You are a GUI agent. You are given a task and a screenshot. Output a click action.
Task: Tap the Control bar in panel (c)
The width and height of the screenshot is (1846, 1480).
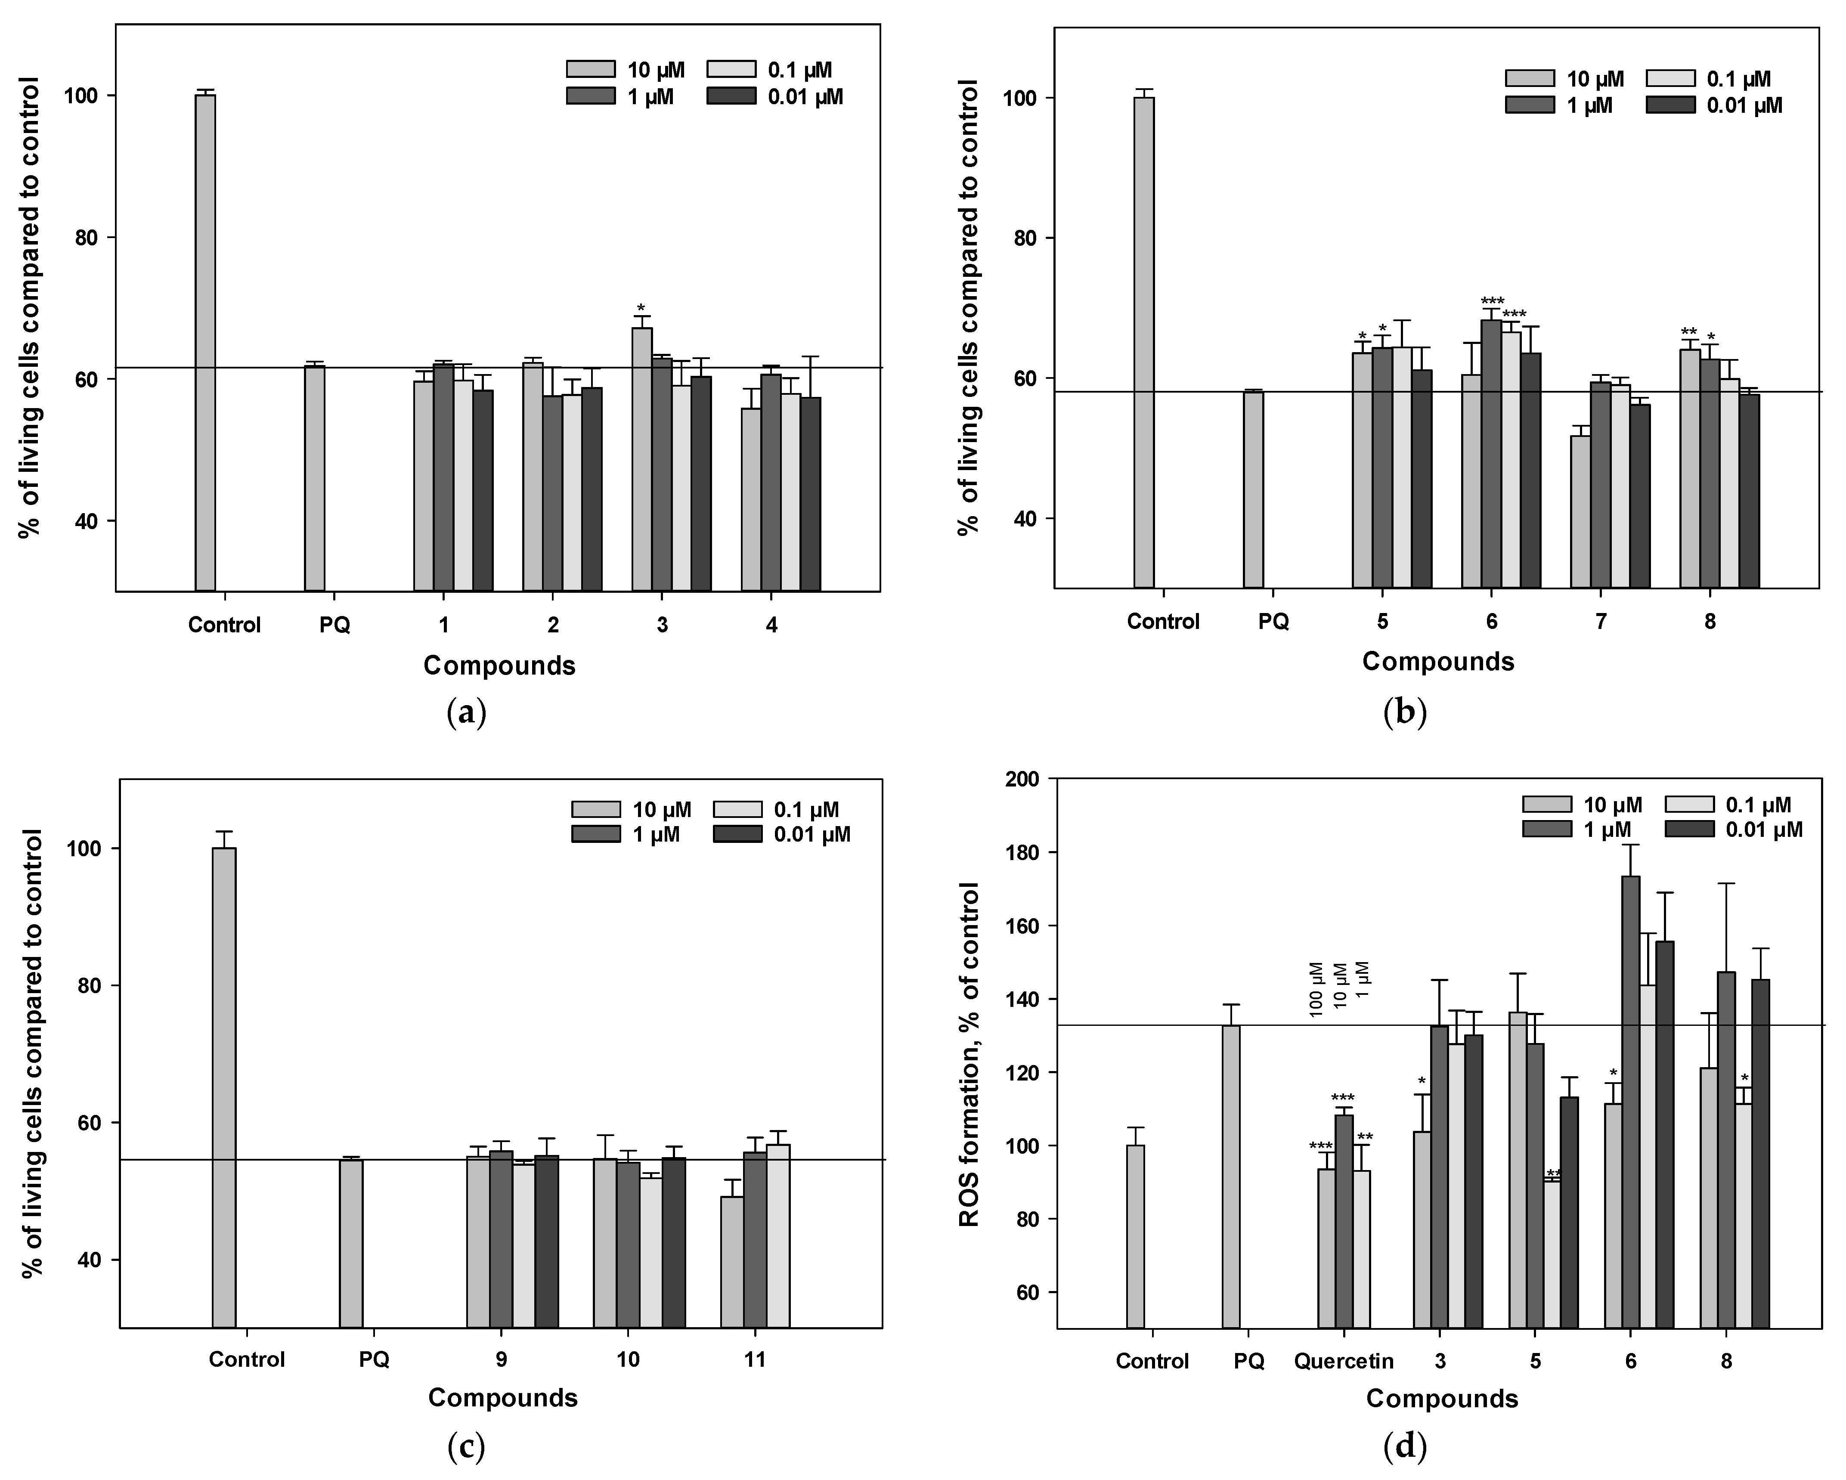coord(224,1087)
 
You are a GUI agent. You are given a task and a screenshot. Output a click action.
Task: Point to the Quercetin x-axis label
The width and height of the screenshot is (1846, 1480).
coord(1344,1361)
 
